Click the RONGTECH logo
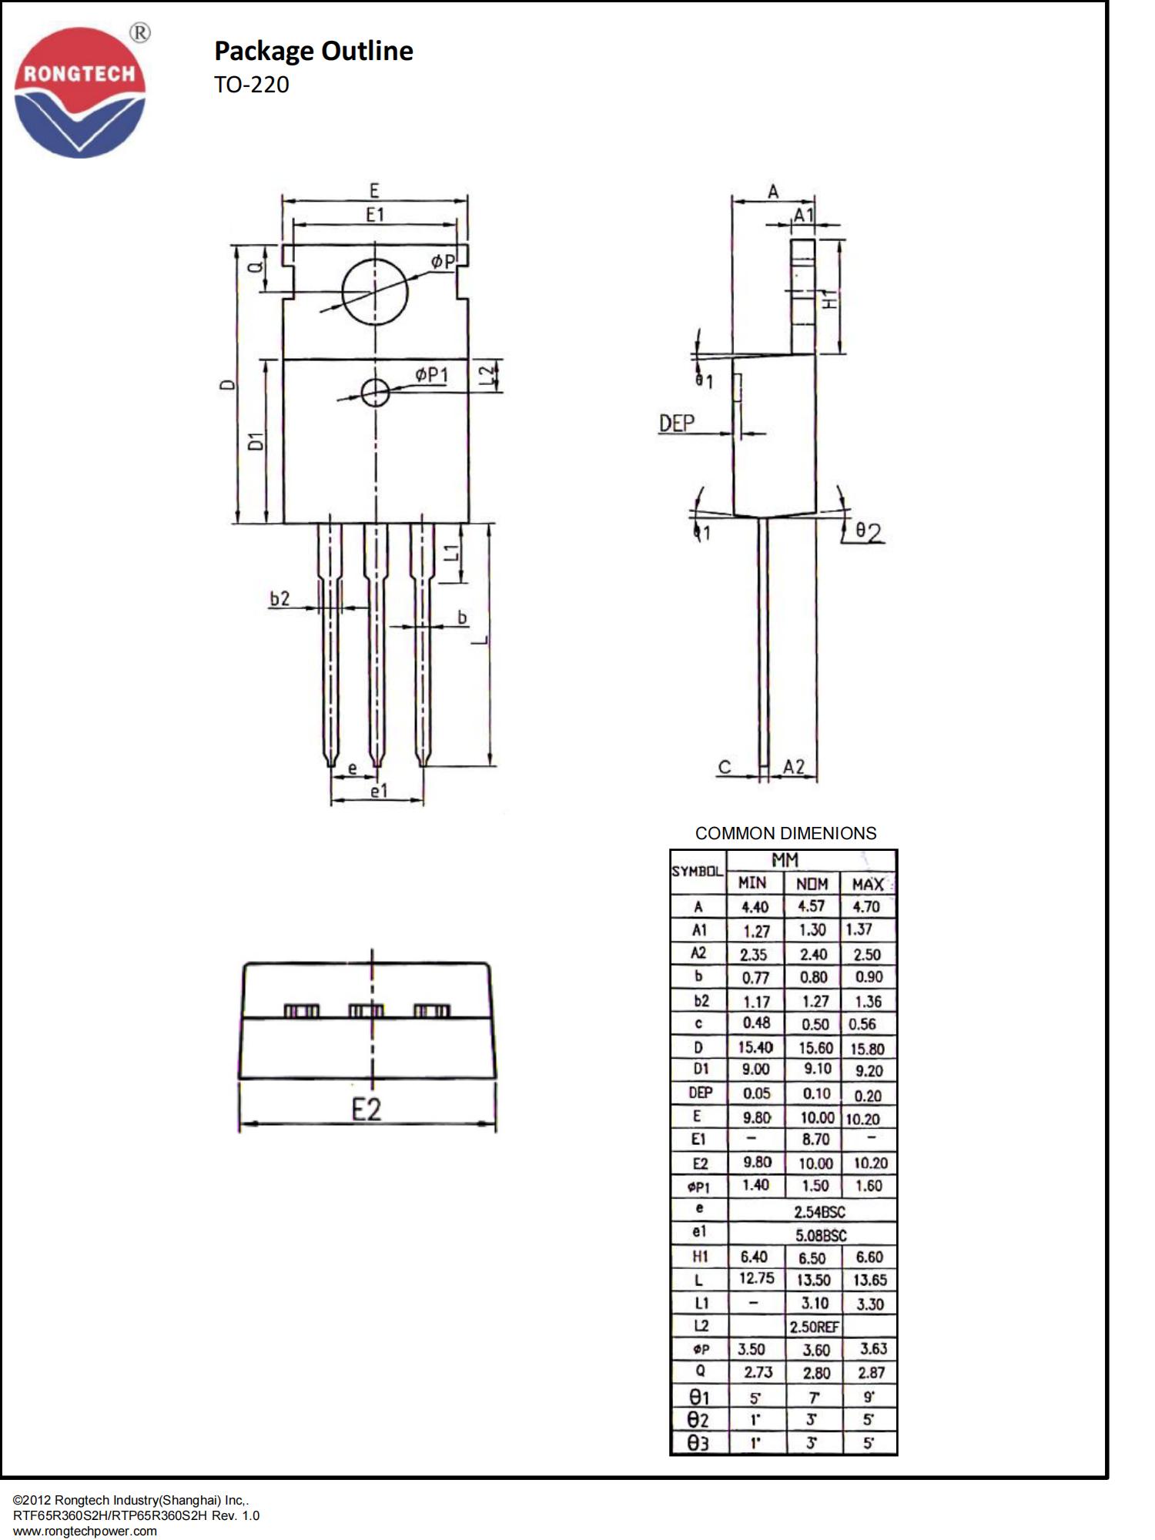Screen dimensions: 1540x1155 (79, 92)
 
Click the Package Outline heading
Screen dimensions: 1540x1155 (313, 51)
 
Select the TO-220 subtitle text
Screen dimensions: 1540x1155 (251, 85)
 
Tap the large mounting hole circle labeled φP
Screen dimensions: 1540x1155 (375, 292)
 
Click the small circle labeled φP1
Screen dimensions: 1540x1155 (375, 392)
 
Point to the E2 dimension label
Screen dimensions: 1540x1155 (367, 1110)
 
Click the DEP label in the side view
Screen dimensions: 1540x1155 (676, 423)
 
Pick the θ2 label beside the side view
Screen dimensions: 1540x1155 (869, 532)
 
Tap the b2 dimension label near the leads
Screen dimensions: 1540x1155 (280, 598)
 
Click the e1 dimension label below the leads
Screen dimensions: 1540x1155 (379, 791)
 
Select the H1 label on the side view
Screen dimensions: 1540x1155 (829, 300)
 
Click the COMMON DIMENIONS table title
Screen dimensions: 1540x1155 (785, 833)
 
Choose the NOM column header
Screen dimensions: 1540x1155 (812, 883)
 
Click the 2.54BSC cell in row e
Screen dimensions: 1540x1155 (819, 1211)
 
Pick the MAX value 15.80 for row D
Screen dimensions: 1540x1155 (867, 1049)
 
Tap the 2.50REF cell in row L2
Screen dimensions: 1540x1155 (814, 1327)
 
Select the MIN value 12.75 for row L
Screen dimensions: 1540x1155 (756, 1278)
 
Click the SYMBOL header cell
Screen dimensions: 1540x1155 (697, 872)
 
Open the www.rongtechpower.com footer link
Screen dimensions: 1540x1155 (85, 1531)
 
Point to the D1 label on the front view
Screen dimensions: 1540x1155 (256, 441)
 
